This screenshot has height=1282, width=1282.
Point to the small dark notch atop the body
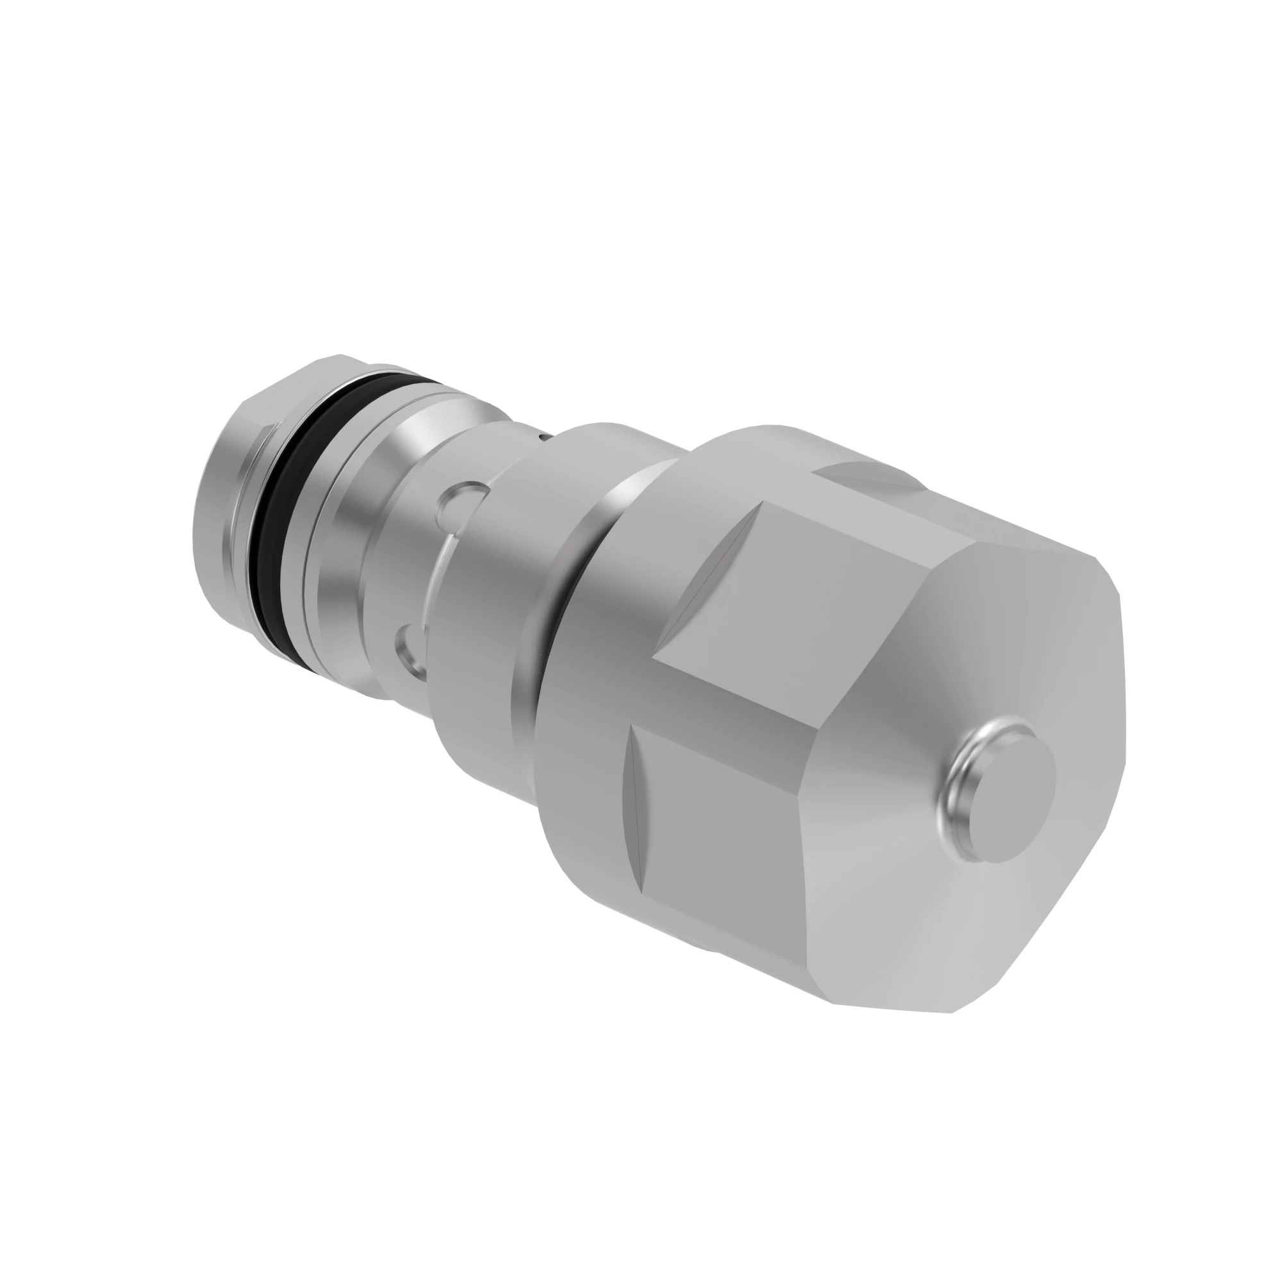pyautogui.click(x=544, y=436)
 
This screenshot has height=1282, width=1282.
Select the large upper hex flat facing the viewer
pyautogui.click(x=783, y=597)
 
